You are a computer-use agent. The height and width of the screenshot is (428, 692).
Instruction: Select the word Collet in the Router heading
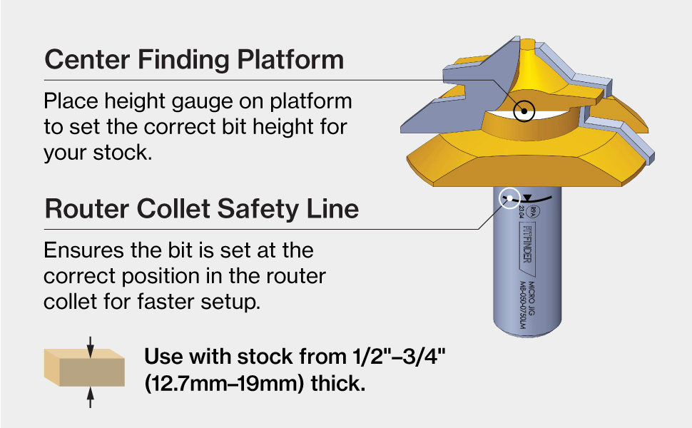(181, 208)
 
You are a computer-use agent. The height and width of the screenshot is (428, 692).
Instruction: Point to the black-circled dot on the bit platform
(525, 111)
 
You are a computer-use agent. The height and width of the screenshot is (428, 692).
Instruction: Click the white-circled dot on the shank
(509, 198)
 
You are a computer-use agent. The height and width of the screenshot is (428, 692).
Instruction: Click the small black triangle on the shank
(527, 198)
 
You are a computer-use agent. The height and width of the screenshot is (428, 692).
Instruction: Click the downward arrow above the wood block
(90, 347)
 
